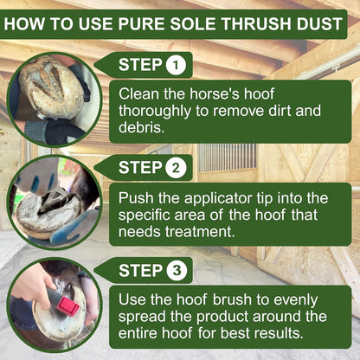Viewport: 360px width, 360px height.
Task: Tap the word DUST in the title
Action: coord(318,23)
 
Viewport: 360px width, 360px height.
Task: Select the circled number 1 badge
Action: coord(175,64)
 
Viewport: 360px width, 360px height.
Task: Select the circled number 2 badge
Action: coord(175,167)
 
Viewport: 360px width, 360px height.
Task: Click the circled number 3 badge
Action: coord(175,270)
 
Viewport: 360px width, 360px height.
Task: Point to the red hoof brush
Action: coord(67,304)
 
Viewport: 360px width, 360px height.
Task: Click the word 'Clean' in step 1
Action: coord(139,93)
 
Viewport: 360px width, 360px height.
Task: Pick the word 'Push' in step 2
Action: coord(138,196)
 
